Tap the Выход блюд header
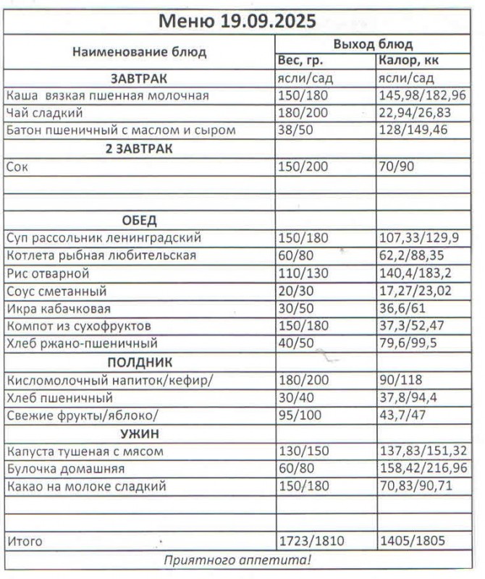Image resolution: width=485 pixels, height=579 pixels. tap(373, 43)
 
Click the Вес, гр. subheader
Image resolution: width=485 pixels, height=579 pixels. tap(300, 60)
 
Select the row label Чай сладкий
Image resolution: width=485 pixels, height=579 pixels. tap(44, 113)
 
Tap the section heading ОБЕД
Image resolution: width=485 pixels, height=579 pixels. tap(140, 220)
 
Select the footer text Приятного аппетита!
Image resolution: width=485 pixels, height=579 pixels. tap(237, 559)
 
